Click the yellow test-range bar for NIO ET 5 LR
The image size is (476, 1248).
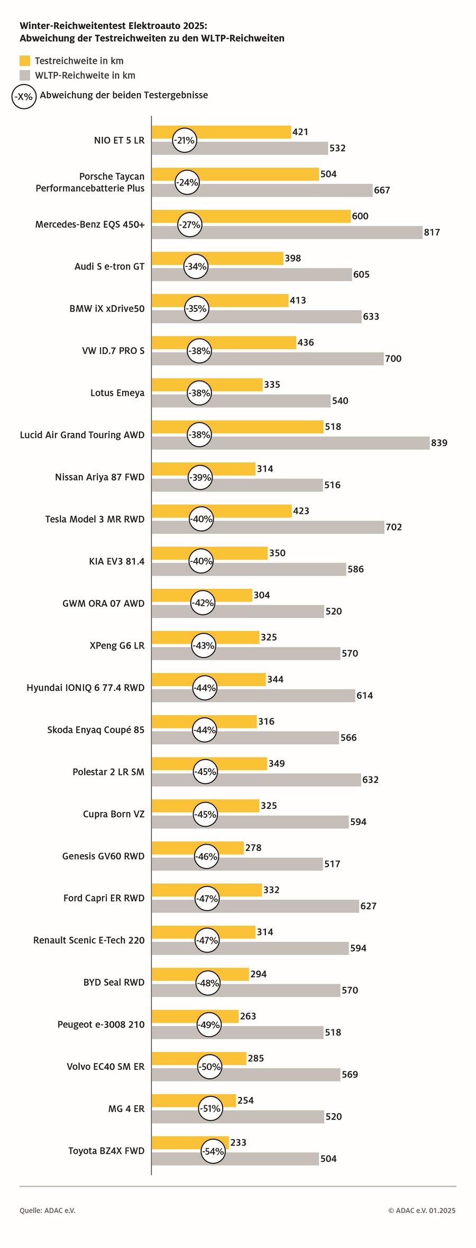(x=221, y=132)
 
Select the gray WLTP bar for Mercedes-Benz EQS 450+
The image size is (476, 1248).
(x=287, y=233)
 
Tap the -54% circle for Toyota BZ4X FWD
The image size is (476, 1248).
(x=213, y=1151)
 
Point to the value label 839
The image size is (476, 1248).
(x=439, y=443)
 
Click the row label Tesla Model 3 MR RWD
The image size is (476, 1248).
(x=95, y=519)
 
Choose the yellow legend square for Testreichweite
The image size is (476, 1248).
(x=25, y=60)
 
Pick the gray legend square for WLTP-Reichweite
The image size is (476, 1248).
(x=25, y=75)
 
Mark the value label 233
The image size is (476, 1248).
(x=238, y=1142)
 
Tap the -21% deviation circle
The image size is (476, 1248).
(x=185, y=140)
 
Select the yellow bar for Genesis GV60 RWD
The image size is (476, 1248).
(x=198, y=848)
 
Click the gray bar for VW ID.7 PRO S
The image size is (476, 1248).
(x=268, y=359)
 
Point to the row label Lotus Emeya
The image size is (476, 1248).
(x=117, y=393)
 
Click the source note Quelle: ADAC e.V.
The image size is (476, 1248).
(x=48, y=1210)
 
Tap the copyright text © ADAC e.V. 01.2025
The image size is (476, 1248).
(x=422, y=1210)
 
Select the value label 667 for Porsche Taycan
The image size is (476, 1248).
(x=382, y=190)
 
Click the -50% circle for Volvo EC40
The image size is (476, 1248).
(x=210, y=1067)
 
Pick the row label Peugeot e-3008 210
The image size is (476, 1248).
(x=101, y=1024)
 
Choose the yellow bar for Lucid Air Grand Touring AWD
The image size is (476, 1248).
(x=237, y=427)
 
